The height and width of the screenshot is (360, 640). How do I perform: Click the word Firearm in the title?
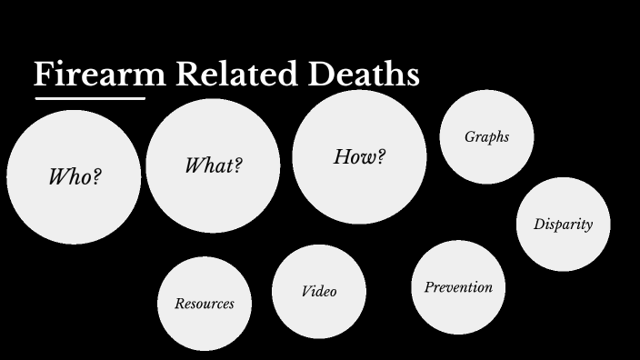tap(100, 75)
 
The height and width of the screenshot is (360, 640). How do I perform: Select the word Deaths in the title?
tap(363, 75)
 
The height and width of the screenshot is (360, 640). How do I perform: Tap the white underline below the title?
tap(89, 97)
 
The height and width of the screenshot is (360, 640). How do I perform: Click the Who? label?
tap(74, 176)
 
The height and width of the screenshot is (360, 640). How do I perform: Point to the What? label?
tap(213, 165)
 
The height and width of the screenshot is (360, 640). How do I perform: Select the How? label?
tap(359, 156)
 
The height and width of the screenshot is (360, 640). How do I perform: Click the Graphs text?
tap(486, 137)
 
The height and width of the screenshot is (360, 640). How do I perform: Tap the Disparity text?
tap(563, 225)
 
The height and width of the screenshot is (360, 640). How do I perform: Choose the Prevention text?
tap(458, 287)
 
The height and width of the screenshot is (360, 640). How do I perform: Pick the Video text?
tap(318, 292)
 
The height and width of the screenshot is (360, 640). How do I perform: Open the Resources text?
tap(204, 304)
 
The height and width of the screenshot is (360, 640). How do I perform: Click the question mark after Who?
tap(95, 176)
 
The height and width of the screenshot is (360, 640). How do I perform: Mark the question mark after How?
tap(380, 156)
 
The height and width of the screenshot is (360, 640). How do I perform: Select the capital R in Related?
tap(187, 75)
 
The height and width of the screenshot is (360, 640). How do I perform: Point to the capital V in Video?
tap(305, 292)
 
